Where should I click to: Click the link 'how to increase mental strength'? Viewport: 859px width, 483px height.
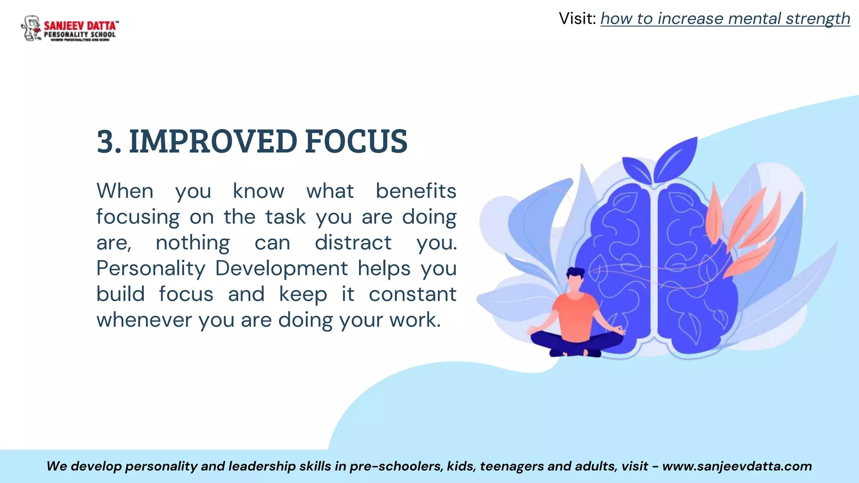tap(725, 19)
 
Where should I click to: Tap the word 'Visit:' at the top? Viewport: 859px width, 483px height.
tap(577, 19)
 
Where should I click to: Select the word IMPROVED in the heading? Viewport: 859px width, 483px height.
tap(213, 142)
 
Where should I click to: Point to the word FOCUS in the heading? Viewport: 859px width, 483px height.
tap(356, 142)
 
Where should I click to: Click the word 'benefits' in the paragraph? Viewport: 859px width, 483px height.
tap(415, 191)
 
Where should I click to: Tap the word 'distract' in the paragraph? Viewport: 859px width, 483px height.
tap(353, 243)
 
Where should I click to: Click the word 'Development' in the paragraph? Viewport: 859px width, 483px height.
tap(281, 269)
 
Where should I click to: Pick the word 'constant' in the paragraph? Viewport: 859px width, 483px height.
tap(412, 294)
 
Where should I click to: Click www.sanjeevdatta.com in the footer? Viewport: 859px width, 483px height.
tap(737, 466)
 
